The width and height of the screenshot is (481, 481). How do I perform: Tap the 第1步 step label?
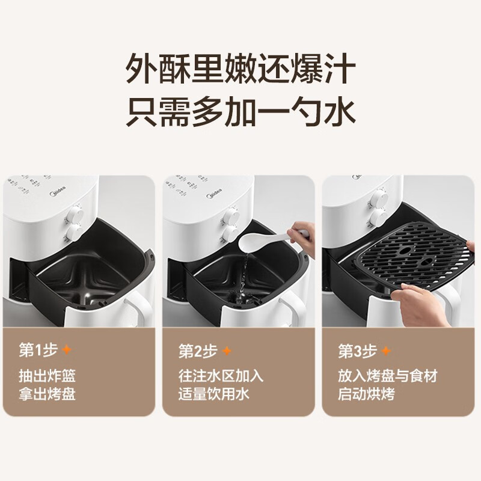tap(38, 350)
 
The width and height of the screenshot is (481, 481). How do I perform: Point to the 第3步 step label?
tap(357, 350)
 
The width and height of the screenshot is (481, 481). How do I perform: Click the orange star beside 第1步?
tap(67, 350)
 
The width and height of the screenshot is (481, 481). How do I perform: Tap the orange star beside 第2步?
tap(227, 350)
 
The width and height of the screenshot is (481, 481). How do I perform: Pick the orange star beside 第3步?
tap(386, 350)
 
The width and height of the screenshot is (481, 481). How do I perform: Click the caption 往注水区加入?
tap(221, 376)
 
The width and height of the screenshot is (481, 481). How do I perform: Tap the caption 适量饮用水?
tap(213, 394)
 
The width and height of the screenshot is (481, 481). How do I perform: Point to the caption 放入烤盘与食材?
tap(387, 376)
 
